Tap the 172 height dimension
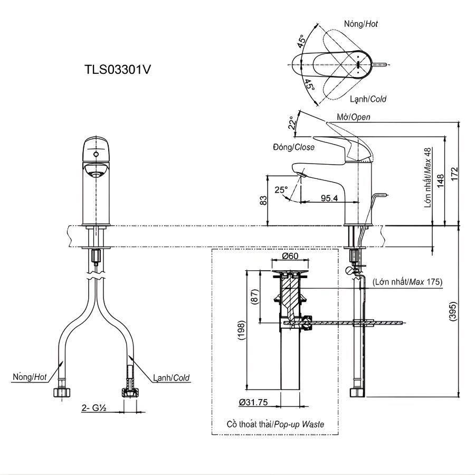coord(455,173)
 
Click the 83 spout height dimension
coord(264,200)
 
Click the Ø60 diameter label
coord(290,256)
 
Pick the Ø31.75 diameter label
coord(253,402)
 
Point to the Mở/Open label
coord(353,117)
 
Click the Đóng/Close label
coord(294,147)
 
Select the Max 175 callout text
coord(407,282)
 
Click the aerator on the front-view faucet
coord(96,172)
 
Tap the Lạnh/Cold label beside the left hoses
coord(172,378)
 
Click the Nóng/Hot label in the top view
coord(360,24)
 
